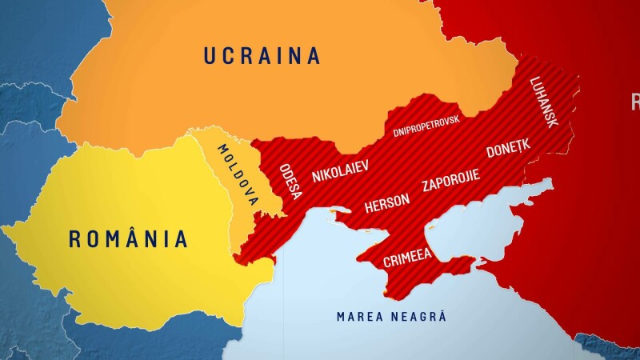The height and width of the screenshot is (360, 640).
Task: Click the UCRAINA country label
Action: pos(262,55)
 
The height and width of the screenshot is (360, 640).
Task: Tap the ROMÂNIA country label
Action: pos(128,238)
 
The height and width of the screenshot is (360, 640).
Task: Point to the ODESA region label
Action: pos(290,182)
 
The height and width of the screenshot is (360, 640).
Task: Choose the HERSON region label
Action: pos(387,203)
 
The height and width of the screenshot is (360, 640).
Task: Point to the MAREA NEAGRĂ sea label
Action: pos(391,316)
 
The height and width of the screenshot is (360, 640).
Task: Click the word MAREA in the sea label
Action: pos(358,316)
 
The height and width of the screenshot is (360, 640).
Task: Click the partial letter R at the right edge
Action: pos(635,102)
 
